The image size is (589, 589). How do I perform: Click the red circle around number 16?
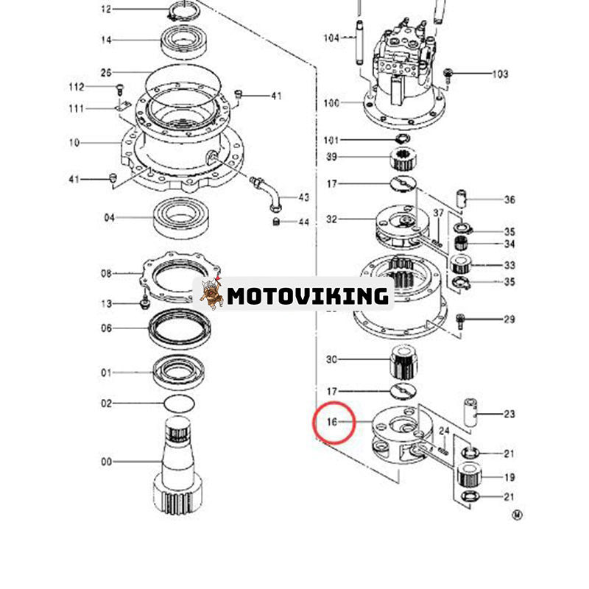click(335, 423)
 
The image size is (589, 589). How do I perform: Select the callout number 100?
click(331, 103)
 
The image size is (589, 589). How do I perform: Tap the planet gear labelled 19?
click(468, 476)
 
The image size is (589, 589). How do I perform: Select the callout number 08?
click(107, 274)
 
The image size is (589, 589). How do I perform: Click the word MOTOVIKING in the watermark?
click(308, 296)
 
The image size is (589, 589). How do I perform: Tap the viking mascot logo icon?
click(211, 294)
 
